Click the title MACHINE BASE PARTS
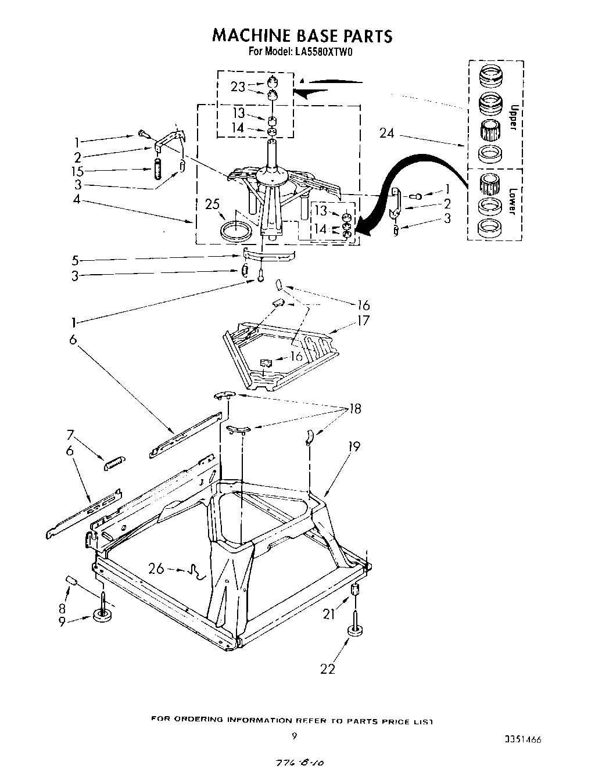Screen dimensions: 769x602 302,36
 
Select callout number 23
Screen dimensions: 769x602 238,87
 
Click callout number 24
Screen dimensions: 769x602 387,134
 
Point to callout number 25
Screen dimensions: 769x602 212,204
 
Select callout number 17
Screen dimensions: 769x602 363,320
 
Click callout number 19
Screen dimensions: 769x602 353,447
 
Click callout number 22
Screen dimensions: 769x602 328,669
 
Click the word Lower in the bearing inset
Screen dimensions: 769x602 513,202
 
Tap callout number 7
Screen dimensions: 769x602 70,434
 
